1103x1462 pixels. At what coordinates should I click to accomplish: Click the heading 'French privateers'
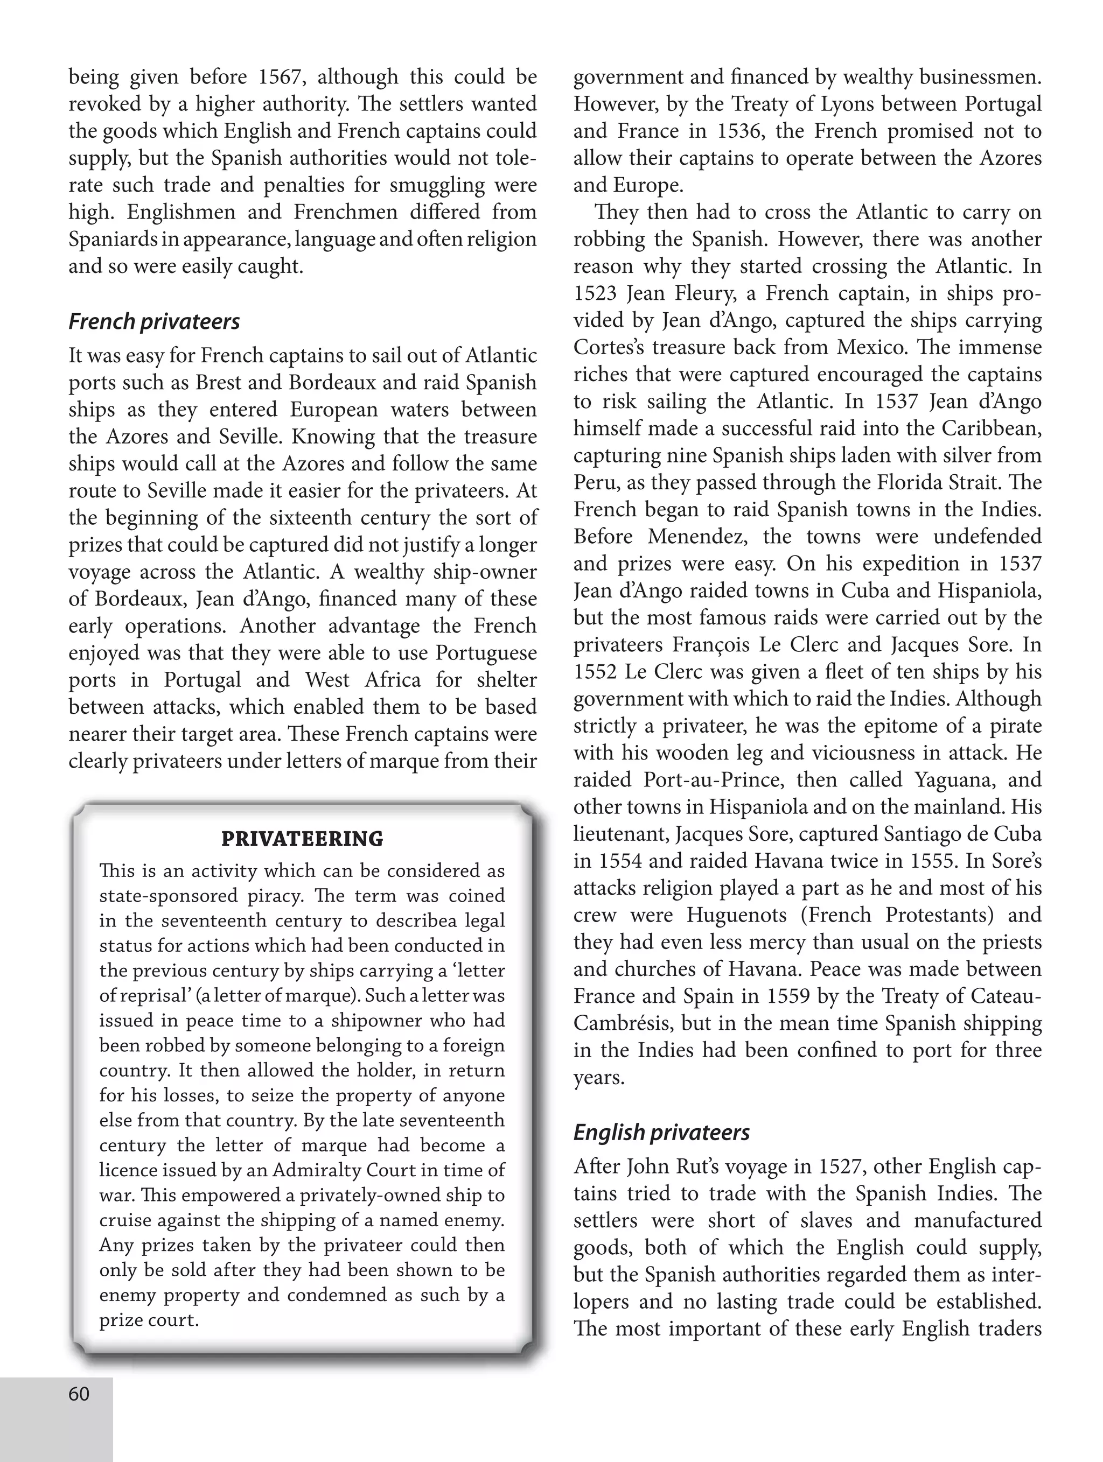(154, 322)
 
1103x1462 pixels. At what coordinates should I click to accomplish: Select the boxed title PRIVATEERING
(302, 839)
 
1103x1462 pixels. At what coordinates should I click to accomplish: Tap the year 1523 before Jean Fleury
(595, 293)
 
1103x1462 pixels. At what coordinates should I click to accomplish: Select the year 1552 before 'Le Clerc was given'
(595, 672)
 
